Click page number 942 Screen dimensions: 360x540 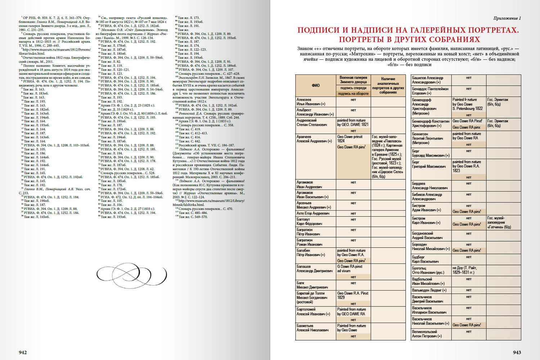[x=23, y=352]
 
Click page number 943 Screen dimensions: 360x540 [x=517, y=352]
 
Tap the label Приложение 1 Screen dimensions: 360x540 [x=507, y=18]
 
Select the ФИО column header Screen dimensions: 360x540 [x=315, y=85]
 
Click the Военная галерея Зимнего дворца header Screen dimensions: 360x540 [x=353, y=80]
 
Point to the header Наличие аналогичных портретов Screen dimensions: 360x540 [x=388, y=85]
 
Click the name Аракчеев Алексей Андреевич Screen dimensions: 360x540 [x=314, y=139]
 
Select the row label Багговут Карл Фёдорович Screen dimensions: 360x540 [x=309, y=221]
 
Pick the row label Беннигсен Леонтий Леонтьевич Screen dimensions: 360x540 [x=427, y=138]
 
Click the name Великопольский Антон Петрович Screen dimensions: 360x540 [x=427, y=334]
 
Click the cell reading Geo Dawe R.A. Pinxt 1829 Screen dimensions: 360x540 [x=353, y=295]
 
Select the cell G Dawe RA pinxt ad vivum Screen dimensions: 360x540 [x=350, y=269]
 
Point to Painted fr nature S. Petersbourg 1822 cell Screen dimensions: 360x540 [x=468, y=104]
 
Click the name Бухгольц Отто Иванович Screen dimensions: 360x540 [x=428, y=270]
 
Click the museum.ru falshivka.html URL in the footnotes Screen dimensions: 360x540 [x=208, y=203]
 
